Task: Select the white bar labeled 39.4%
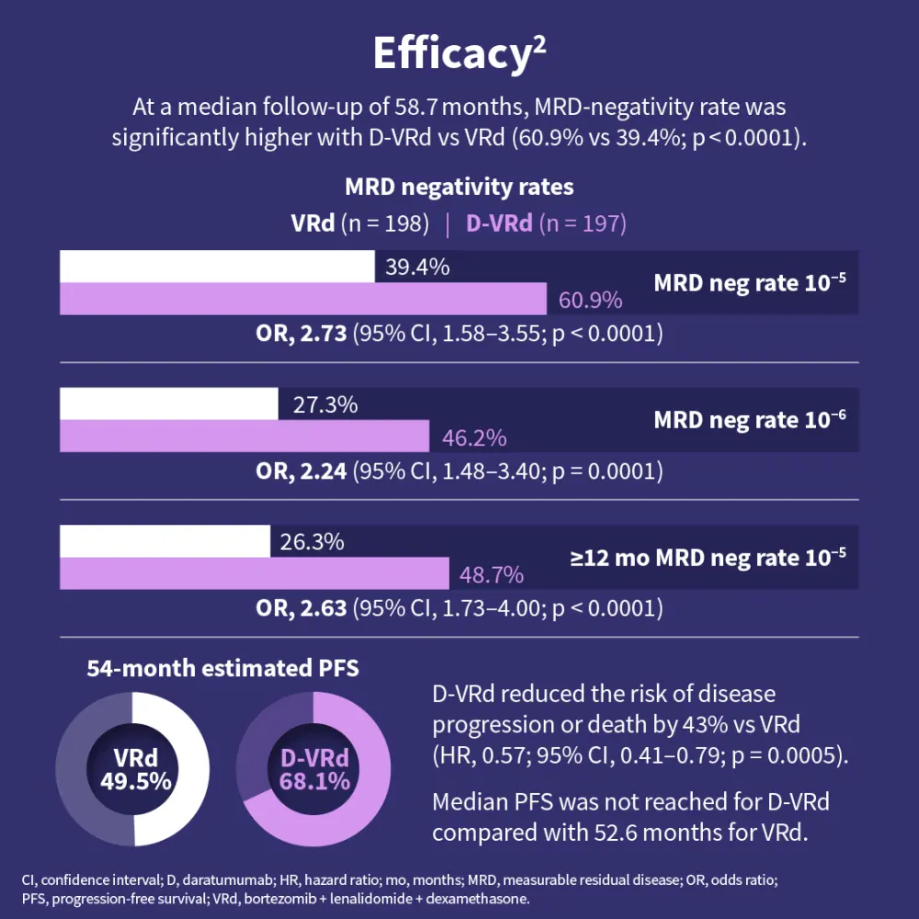pos(217,267)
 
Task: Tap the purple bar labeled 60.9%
pos(303,300)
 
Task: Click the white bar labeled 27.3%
pos(169,403)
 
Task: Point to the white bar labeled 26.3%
pos(165,541)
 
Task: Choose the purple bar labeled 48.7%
pos(255,574)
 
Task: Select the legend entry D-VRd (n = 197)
pos(546,223)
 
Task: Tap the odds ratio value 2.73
pos(318,334)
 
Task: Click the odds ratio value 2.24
pos(318,471)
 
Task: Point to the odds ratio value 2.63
pos(318,608)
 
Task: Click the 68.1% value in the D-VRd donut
pos(314,782)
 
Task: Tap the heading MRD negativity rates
pos(459,187)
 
